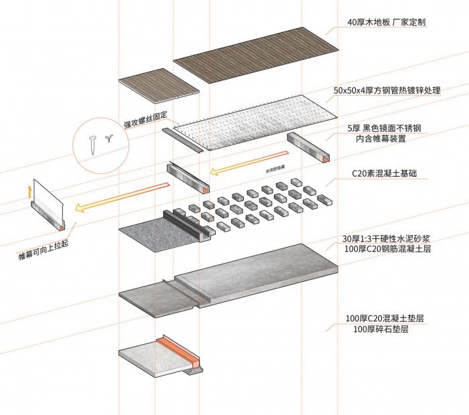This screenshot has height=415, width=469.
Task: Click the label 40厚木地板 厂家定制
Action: point(386,22)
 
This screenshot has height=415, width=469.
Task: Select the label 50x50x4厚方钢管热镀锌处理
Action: point(387,90)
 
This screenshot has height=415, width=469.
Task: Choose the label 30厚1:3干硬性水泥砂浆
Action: point(387,239)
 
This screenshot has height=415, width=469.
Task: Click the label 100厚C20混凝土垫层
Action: point(386,317)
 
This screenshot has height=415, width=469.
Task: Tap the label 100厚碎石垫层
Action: point(381,329)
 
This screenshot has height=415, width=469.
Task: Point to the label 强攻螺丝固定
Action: point(145,120)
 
